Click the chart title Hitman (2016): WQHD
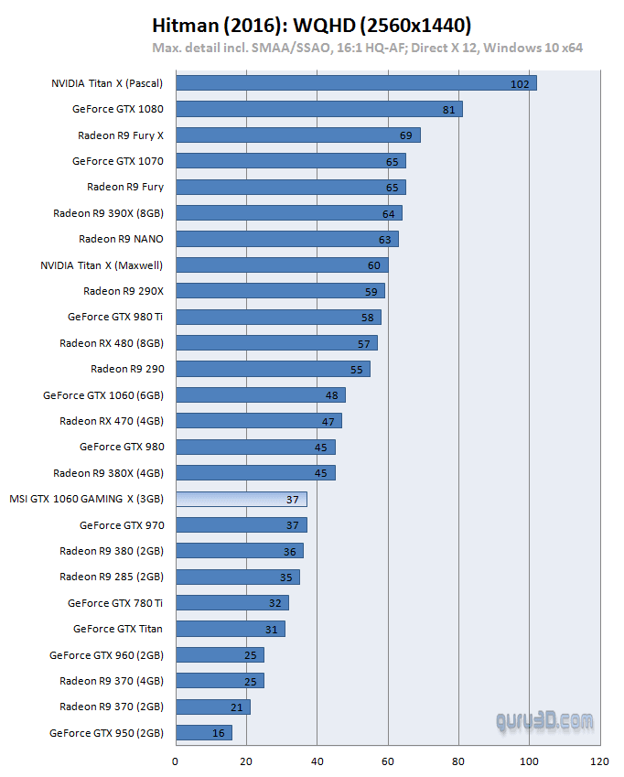point(311,25)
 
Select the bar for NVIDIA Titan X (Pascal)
point(355,83)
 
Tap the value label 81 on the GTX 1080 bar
point(448,110)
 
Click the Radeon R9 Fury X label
point(121,135)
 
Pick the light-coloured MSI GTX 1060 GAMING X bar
point(241,499)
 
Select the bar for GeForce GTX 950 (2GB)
point(203,732)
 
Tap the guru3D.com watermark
point(544,721)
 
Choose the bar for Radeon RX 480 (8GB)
point(275,343)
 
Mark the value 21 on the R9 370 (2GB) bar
point(236,707)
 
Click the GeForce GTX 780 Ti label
point(115,603)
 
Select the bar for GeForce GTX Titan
point(230,629)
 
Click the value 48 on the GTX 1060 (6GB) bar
point(331,395)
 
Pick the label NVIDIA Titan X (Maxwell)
point(102,265)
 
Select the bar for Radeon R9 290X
point(279,291)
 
